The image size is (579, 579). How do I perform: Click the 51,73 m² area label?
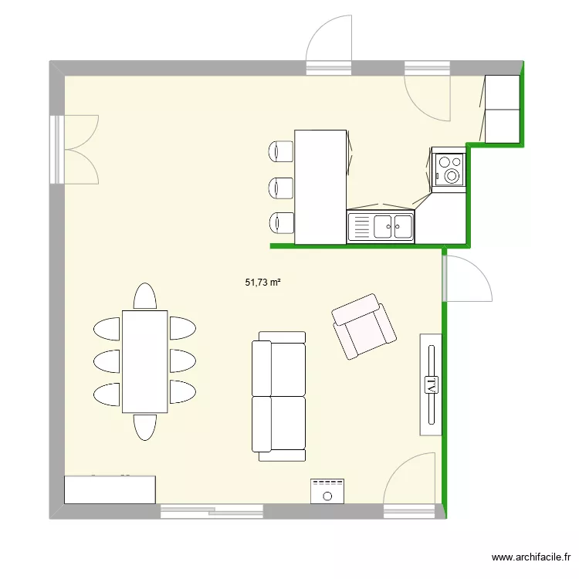pyautogui.click(x=262, y=283)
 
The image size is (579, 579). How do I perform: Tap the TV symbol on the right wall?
pyautogui.click(x=431, y=384)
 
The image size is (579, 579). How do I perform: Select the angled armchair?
pyautogui.click(x=364, y=326)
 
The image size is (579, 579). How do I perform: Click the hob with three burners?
pyautogui.click(x=449, y=170)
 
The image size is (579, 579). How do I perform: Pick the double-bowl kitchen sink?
pyautogui.click(x=381, y=227)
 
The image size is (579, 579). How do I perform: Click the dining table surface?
pyautogui.click(x=145, y=361)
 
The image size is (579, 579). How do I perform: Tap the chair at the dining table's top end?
pyautogui.click(x=145, y=296)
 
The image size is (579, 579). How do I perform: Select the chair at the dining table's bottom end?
pyautogui.click(x=145, y=427)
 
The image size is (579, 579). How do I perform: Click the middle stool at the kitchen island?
pyautogui.click(x=281, y=188)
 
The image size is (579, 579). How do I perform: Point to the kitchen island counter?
pyautogui.click(x=320, y=187)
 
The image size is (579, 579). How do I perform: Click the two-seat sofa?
pyautogui.click(x=279, y=396)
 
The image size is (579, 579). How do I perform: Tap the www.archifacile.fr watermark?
pyautogui.click(x=531, y=557)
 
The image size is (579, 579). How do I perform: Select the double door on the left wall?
pyautogui.click(x=74, y=150)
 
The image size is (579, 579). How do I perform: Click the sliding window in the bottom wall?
pyautogui.click(x=212, y=511)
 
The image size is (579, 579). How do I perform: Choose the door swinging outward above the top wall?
pyautogui.click(x=329, y=44)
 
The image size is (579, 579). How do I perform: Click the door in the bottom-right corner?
pyautogui.click(x=409, y=484)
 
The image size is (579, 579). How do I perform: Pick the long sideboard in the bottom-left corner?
pyautogui.click(x=110, y=489)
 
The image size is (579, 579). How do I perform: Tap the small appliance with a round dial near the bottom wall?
pyautogui.click(x=327, y=491)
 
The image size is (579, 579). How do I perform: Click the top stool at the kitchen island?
pyautogui.click(x=281, y=151)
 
